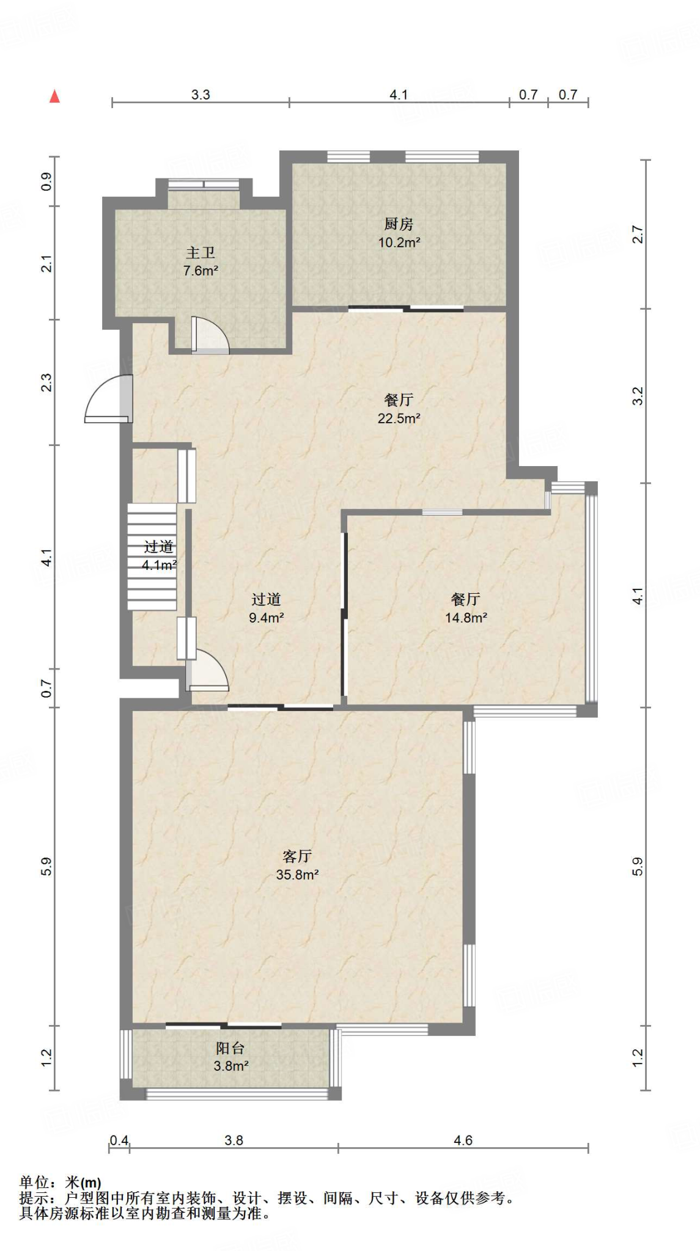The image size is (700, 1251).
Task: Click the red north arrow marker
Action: click(x=54, y=96)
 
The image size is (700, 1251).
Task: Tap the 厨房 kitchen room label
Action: click(x=399, y=224)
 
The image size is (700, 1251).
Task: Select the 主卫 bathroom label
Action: click(x=201, y=253)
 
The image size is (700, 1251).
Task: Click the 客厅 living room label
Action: click(x=297, y=856)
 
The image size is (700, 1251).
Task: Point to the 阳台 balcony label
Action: click(x=230, y=1048)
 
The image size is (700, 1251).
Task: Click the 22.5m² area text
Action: click(x=399, y=418)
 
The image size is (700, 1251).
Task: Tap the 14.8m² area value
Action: click(x=466, y=618)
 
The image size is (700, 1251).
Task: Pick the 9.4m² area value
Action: click(x=266, y=618)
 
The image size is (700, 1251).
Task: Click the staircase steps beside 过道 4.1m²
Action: click(x=152, y=556)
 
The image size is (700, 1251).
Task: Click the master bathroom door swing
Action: click(x=210, y=335)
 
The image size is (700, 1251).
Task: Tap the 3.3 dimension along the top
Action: click(x=201, y=95)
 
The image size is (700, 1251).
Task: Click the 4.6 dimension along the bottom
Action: click(x=463, y=1140)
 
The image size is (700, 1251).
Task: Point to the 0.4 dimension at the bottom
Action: click(x=119, y=1140)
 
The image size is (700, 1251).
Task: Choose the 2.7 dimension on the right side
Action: click(x=638, y=235)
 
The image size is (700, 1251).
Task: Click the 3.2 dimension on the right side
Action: click(x=638, y=396)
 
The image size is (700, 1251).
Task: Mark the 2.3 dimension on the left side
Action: click(x=46, y=382)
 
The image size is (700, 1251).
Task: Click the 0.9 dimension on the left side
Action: click(x=46, y=181)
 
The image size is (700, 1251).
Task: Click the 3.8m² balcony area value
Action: click(x=230, y=1066)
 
